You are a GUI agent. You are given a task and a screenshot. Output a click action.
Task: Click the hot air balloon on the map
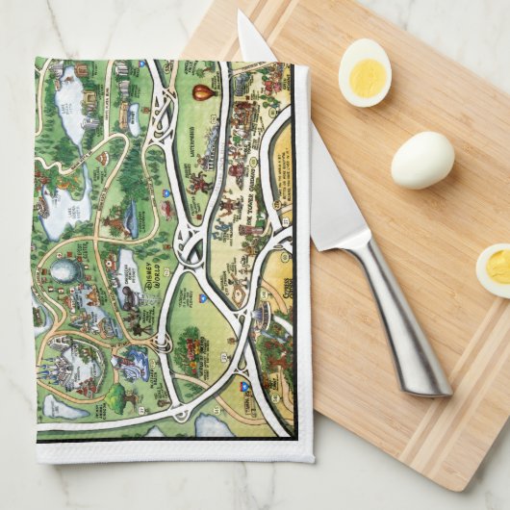click(x=201, y=92)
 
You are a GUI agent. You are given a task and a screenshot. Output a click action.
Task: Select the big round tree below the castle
click(x=124, y=395)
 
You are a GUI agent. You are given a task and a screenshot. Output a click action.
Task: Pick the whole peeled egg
click(x=421, y=160)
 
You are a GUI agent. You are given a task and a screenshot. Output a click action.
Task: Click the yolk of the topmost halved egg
click(x=367, y=77)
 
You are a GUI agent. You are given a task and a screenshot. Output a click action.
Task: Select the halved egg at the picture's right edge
click(x=494, y=269)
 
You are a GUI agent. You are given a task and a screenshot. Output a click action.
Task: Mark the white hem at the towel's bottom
click(x=173, y=451)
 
